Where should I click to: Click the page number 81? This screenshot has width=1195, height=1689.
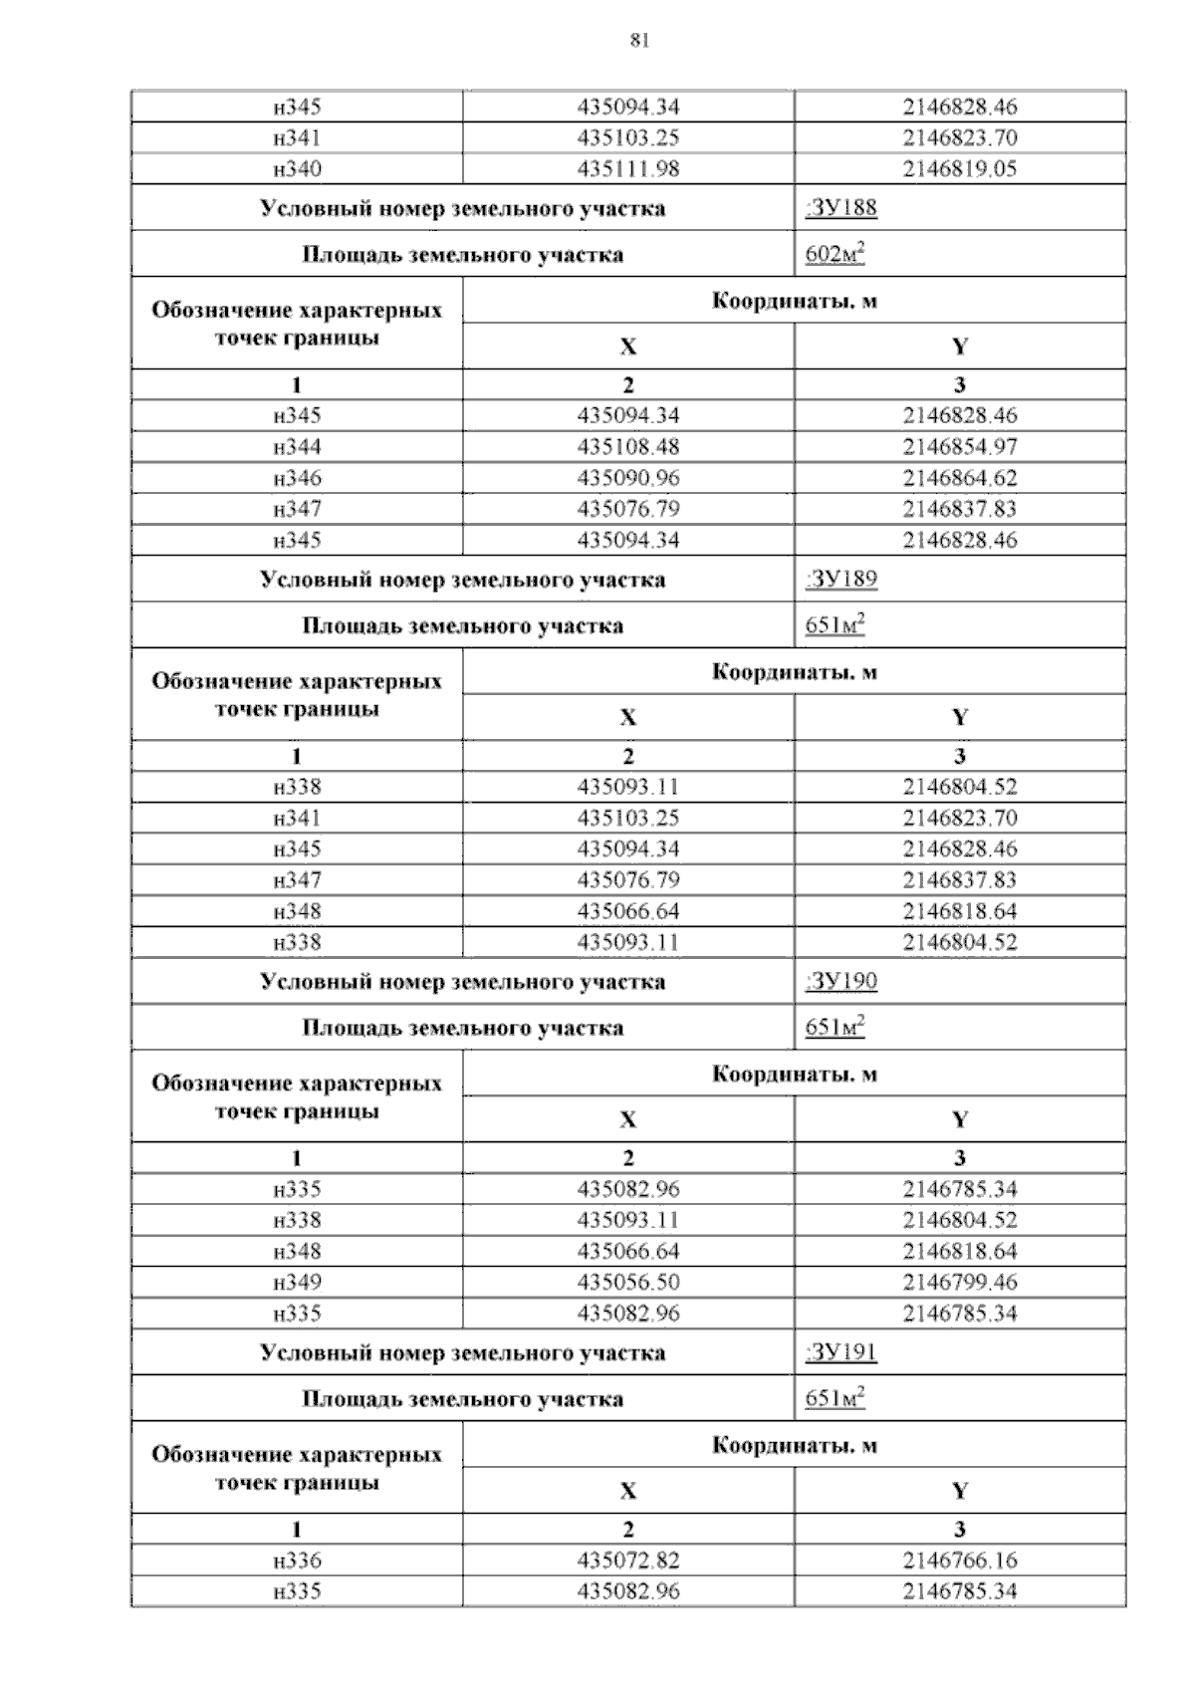(639, 40)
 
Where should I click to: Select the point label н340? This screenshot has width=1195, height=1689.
(297, 168)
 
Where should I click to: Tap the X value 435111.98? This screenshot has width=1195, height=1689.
(628, 168)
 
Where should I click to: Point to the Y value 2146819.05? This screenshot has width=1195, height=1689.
(960, 168)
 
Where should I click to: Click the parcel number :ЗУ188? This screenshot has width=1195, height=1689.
(841, 208)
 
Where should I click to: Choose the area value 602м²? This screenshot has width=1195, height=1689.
(835, 255)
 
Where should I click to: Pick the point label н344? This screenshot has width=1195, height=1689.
(297, 446)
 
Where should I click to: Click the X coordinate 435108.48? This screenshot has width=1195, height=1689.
(628, 446)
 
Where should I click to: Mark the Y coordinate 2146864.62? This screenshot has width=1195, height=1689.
(960, 477)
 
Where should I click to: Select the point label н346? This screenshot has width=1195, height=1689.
(297, 477)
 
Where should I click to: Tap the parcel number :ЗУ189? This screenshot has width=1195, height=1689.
(841, 580)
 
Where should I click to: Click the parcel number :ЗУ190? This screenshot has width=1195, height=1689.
(841, 981)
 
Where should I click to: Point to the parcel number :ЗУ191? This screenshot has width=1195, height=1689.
(841, 1352)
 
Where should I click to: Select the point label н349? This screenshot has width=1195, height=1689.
(297, 1282)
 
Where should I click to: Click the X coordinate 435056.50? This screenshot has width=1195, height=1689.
(628, 1282)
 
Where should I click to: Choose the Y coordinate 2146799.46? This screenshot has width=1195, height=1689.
(960, 1282)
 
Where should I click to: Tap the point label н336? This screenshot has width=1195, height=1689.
(297, 1560)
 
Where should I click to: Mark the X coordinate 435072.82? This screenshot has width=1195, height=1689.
(628, 1560)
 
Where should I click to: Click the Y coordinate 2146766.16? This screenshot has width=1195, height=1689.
(960, 1560)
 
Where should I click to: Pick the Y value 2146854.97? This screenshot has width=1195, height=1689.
(960, 446)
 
